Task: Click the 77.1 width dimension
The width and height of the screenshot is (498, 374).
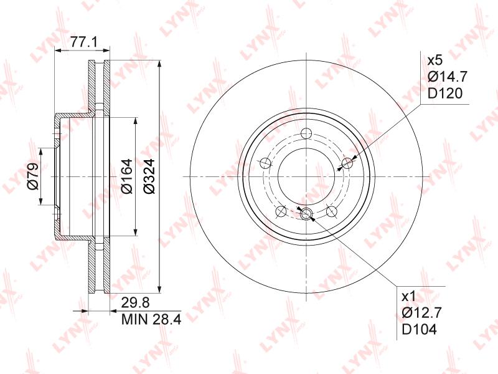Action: (82, 42)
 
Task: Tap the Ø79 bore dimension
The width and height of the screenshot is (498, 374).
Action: (33, 176)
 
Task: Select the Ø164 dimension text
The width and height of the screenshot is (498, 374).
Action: (127, 176)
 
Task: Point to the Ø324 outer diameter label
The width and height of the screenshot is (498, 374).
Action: (149, 176)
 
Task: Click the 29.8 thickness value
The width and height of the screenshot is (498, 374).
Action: (135, 303)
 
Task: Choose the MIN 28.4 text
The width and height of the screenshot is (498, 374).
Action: (151, 319)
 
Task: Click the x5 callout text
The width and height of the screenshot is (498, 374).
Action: (434, 60)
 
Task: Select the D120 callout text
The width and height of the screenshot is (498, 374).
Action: (444, 93)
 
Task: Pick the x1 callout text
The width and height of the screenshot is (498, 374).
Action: (408, 297)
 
